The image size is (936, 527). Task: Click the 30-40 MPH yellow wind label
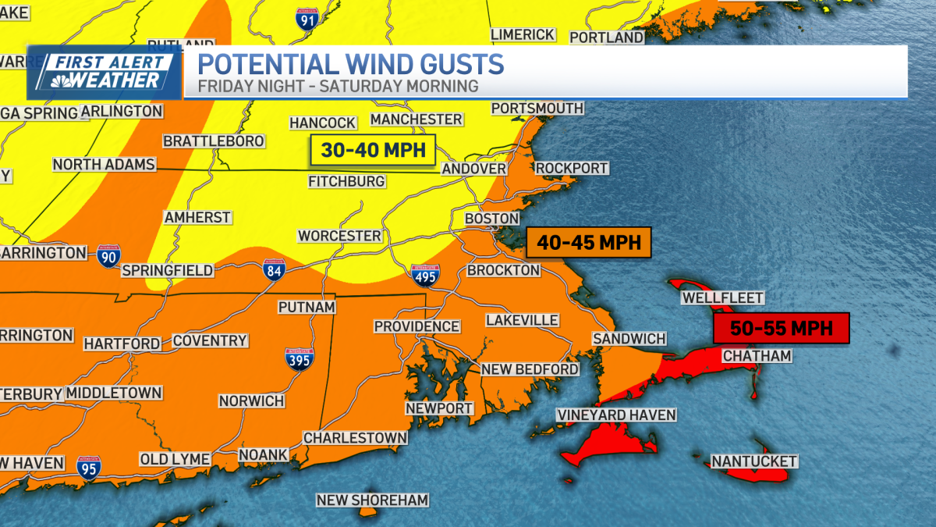click(372, 150)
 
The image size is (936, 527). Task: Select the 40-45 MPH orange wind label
click(588, 242)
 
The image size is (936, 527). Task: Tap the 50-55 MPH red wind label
click(781, 327)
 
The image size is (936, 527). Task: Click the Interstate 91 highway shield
click(307, 19)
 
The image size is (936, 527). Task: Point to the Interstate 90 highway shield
click(109, 255)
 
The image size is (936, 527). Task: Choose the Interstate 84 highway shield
click(273, 270)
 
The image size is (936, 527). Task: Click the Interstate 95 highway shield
click(89, 467)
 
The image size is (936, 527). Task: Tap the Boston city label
click(491, 219)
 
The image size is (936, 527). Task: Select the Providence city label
click(417, 326)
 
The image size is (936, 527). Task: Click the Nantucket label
click(753, 461)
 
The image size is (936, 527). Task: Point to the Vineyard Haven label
click(615, 415)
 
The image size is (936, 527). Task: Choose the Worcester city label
click(339, 236)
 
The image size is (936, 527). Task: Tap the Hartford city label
click(122, 344)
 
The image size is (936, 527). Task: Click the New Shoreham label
click(372, 500)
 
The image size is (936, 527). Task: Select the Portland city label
click(606, 37)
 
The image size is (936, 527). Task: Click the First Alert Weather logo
click(105, 72)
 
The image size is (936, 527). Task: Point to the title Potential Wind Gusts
click(350, 64)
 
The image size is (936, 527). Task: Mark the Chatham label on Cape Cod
click(757, 356)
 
